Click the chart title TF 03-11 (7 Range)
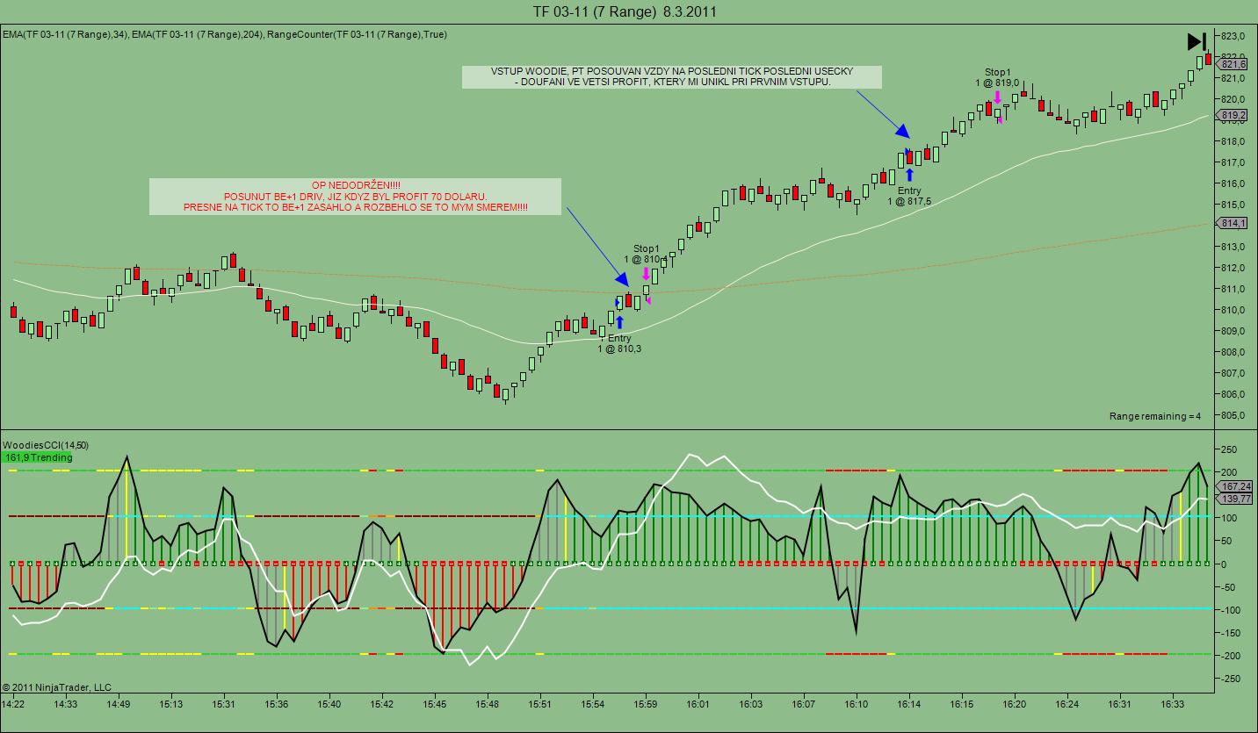[595, 11]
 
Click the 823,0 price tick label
[1233, 36]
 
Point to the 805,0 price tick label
[1233, 415]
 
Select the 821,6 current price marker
[1233, 64]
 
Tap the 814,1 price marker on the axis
[1233, 224]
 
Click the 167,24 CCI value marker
[1236, 486]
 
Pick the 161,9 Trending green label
[38, 457]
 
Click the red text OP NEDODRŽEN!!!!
[355, 185]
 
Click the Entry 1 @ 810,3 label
[619, 343]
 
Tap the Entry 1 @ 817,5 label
[909, 196]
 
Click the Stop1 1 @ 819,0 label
[997, 77]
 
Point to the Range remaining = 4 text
[1154, 416]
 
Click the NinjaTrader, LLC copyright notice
[57, 687]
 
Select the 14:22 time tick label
[13, 704]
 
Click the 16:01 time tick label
[698, 704]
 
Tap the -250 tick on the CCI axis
[1231, 679]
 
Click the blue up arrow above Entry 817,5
[909, 175]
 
